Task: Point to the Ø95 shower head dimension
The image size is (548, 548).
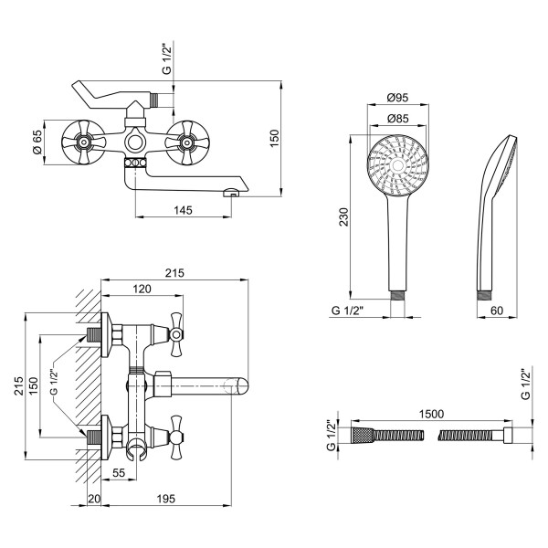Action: (396, 98)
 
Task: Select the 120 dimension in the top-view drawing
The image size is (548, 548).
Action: (142, 289)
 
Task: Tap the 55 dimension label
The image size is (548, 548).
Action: (119, 473)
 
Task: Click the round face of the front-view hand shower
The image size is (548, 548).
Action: (396, 165)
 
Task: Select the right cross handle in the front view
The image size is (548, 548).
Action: (187, 142)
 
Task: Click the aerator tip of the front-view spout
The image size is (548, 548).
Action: (232, 192)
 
